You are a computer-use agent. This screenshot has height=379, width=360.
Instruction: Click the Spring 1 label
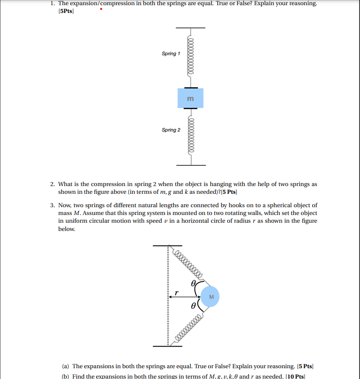(171, 54)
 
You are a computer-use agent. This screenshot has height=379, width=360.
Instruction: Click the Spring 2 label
(171, 130)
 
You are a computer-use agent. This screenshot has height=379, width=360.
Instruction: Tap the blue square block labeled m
(190, 98)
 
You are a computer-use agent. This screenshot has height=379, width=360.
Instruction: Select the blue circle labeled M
(211, 297)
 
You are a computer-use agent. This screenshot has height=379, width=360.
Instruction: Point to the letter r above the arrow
(176, 292)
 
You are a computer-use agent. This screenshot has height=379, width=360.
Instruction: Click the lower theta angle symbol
(194, 306)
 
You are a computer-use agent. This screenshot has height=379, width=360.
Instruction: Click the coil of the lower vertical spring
(190, 136)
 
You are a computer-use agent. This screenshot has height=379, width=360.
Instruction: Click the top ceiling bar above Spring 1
(190, 28)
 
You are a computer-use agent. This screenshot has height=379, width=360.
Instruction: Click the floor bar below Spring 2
(190, 165)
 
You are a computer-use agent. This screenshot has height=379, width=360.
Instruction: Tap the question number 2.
(52, 184)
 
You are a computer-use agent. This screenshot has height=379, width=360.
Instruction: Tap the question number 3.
(52, 205)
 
